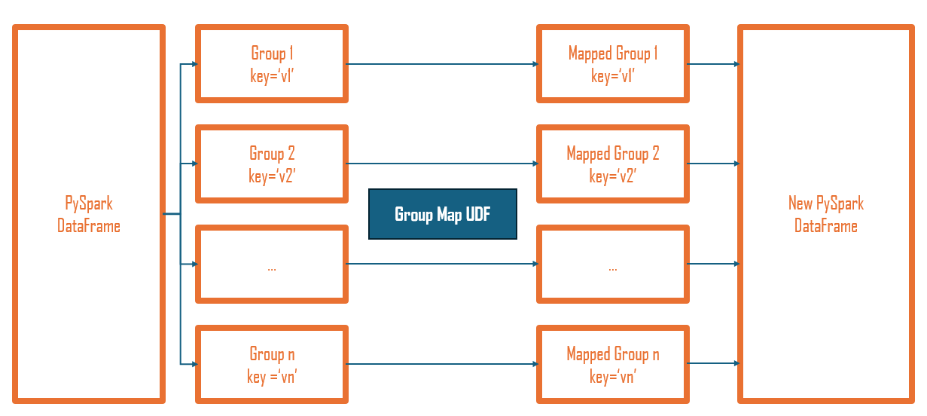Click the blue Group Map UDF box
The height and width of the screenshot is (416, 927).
(x=442, y=214)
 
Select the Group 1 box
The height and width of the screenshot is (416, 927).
(x=272, y=64)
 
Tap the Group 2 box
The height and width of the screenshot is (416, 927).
(x=272, y=164)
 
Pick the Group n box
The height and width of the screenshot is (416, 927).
(x=272, y=365)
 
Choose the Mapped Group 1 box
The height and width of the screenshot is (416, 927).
(x=613, y=64)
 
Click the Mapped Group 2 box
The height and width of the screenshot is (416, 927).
(x=613, y=164)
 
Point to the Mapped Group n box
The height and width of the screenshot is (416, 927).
(x=613, y=365)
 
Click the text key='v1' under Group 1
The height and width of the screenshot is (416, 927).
(x=272, y=75)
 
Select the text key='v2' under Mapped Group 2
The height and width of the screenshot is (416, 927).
(x=613, y=176)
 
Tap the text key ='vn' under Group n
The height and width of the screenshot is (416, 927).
(x=272, y=377)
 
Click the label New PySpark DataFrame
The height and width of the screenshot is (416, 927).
(x=825, y=214)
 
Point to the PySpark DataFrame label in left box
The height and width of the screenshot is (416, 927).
(x=89, y=214)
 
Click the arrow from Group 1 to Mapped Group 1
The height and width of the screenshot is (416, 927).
(x=442, y=64)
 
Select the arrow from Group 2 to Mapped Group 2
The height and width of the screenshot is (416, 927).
(x=442, y=164)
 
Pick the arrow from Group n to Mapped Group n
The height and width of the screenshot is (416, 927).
(x=442, y=364)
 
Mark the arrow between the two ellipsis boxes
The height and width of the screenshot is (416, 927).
(x=442, y=264)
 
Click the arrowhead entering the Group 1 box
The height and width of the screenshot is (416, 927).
(x=194, y=64)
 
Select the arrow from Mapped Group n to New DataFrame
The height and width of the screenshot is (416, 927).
(x=713, y=363)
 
